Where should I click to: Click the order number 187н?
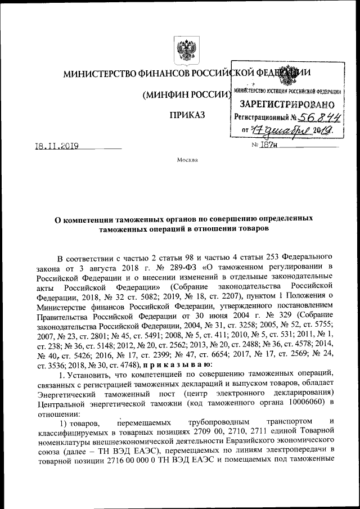266,146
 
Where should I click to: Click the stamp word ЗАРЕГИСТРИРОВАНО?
287,104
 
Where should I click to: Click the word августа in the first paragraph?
91,265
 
